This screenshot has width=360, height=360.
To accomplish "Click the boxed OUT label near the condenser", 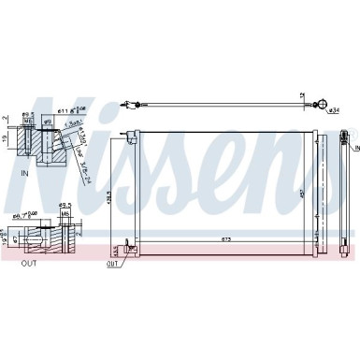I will (x=113, y=265).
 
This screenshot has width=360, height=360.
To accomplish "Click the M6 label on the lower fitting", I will (x=65, y=212).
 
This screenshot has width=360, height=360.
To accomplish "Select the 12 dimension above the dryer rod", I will (x=302, y=95).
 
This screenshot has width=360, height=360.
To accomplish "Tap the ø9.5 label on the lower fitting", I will (x=65, y=204).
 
